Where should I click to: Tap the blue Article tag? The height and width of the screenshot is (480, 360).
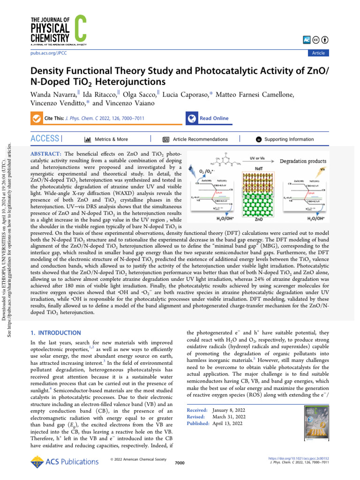318,53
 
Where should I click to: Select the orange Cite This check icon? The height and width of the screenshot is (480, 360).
36,119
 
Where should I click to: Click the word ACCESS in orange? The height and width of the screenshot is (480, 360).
45,139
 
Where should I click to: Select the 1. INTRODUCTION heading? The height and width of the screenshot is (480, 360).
55,333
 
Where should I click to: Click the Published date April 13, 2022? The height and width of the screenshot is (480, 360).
227,424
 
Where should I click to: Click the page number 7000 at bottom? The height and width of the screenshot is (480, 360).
180,463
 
